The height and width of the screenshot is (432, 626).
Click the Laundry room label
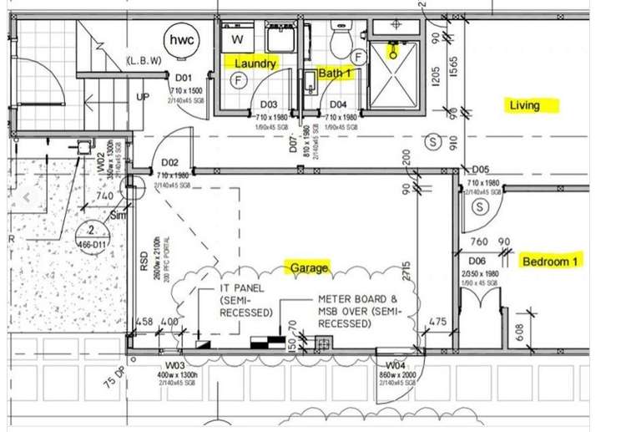(255, 64)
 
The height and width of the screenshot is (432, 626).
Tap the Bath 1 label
(336, 74)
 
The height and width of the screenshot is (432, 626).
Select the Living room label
(525, 105)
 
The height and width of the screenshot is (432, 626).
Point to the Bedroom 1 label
(550, 262)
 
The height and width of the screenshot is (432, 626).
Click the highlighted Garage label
(309, 268)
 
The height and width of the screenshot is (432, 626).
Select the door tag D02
(169, 162)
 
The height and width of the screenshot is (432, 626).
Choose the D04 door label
(338, 104)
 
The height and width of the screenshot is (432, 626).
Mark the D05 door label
(480, 169)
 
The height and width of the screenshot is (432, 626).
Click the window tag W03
(174, 364)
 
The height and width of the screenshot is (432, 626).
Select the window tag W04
(396, 365)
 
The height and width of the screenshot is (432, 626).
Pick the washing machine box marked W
(237, 38)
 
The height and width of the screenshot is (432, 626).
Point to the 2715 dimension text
(406, 273)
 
